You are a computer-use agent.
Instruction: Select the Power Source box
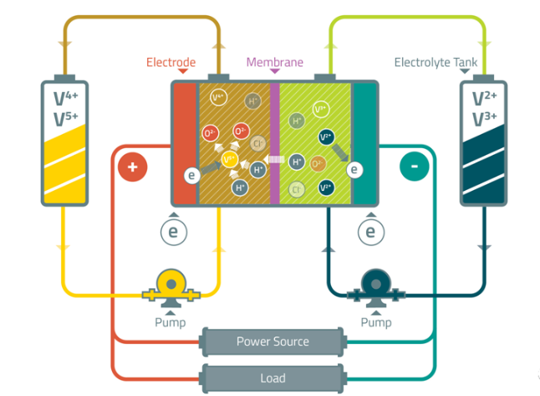tap(273, 342)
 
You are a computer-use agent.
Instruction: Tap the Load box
tap(273, 378)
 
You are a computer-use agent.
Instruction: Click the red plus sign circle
tap(132, 167)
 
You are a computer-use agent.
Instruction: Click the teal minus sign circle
tap(414, 167)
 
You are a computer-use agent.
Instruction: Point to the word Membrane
tap(274, 63)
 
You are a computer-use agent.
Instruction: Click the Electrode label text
tap(171, 63)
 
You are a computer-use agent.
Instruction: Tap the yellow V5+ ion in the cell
tap(229, 159)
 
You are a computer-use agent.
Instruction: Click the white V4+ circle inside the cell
tap(219, 98)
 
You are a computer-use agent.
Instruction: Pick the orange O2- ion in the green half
tap(318, 164)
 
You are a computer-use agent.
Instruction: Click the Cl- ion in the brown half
tap(258, 143)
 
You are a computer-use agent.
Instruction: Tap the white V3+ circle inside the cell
tap(320, 109)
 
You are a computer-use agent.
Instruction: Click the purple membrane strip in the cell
tap(274, 142)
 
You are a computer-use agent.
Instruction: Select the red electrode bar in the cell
tap(184, 142)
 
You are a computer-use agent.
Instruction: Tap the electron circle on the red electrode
tap(191, 175)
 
